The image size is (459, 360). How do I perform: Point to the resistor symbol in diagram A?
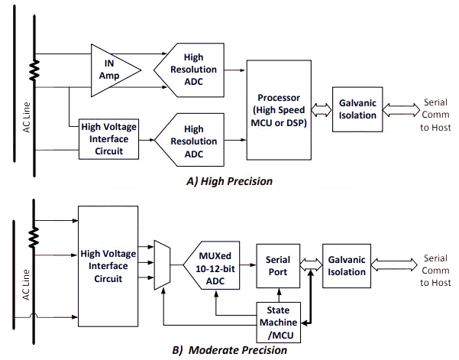click(x=34, y=72)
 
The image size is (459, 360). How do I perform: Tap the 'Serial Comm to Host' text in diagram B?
click(x=435, y=270)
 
